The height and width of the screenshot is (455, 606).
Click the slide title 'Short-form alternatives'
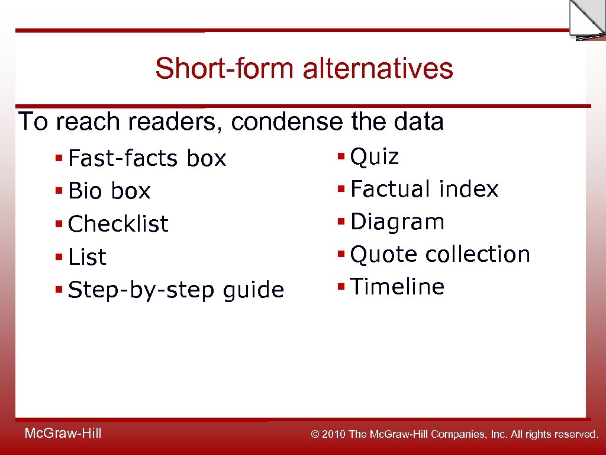304,69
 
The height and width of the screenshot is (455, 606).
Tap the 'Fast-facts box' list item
147,159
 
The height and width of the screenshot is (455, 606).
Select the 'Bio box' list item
109,191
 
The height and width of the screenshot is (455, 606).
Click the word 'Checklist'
118,225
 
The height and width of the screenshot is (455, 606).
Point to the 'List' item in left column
87,258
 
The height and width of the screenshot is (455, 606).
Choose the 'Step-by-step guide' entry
176,290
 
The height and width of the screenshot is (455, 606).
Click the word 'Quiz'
375,158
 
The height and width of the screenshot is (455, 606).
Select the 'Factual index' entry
424,190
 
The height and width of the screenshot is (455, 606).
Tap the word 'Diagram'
397,222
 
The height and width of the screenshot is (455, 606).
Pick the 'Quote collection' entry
440,255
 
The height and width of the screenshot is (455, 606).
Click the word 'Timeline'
397,287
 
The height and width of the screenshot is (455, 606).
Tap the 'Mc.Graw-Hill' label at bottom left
63,434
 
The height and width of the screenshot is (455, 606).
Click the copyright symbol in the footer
315,435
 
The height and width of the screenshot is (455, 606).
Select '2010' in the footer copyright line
334,435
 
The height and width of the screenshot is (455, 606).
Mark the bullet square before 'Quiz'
341,157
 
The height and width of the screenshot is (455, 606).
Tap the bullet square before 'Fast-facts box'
59,159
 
